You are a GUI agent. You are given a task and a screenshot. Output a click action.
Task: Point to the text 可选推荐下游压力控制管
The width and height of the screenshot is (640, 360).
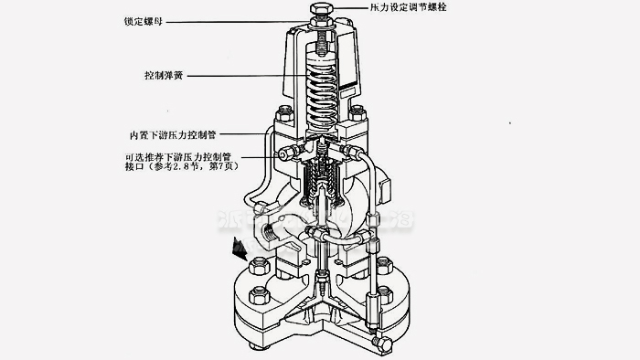(191, 156)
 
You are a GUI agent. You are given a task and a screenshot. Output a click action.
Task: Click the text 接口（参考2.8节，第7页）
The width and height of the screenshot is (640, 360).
(190, 167)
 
